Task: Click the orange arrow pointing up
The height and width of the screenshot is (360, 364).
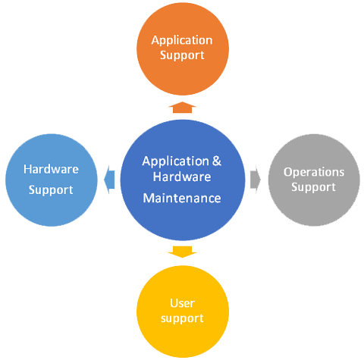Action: point(182,108)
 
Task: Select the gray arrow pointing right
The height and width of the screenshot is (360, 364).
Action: point(256,180)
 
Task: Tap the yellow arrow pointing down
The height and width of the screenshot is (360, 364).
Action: point(182,252)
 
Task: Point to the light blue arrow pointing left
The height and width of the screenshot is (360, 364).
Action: point(109,180)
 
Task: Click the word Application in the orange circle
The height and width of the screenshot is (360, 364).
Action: point(182,41)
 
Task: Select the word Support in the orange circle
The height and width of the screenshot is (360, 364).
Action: point(182,55)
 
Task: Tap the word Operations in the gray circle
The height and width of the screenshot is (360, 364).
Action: point(314,173)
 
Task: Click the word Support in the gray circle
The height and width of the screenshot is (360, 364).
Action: point(314,187)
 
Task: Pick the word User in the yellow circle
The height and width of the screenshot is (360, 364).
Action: point(182,303)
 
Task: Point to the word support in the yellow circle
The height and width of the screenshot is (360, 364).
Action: point(182,319)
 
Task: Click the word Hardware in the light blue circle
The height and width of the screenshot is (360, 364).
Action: point(51,169)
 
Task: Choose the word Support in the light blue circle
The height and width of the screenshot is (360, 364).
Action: point(51,190)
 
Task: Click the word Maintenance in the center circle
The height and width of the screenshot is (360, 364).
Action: point(182,199)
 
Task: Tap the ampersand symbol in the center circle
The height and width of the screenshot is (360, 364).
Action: point(217,161)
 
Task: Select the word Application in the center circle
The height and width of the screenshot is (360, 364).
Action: point(176,161)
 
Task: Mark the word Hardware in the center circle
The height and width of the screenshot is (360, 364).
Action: point(182,177)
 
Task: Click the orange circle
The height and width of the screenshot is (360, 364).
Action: point(183,49)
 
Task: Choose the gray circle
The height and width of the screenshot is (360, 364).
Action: point(314,180)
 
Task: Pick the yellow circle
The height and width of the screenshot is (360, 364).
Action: point(183,311)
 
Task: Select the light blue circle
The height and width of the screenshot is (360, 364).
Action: point(52,180)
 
